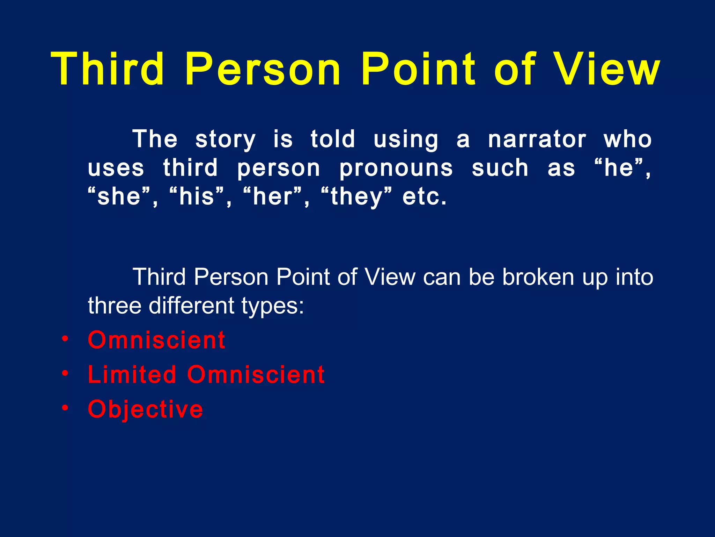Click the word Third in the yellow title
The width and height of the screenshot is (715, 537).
pyautogui.click(x=108, y=69)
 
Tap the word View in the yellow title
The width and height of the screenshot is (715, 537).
pyautogui.click(x=607, y=69)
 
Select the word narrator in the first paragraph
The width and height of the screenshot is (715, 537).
pyautogui.click(x=537, y=139)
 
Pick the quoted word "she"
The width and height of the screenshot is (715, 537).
pyautogui.click(x=119, y=196)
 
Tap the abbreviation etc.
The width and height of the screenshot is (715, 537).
pyautogui.click(x=424, y=196)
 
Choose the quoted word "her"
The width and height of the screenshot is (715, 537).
pyautogui.click(x=273, y=196)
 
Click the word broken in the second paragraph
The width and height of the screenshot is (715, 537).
pyautogui.click(x=538, y=277)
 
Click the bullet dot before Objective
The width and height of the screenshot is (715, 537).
pyautogui.click(x=65, y=408)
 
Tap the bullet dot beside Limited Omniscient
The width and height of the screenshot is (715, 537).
pyautogui.click(x=65, y=374)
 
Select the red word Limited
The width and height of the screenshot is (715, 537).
pyautogui.click(x=132, y=374)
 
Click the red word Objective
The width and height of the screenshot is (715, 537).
pyautogui.click(x=145, y=409)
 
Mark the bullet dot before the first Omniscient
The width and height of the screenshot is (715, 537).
pyautogui.click(x=65, y=339)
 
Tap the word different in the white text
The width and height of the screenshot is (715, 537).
pyautogui.click(x=192, y=306)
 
